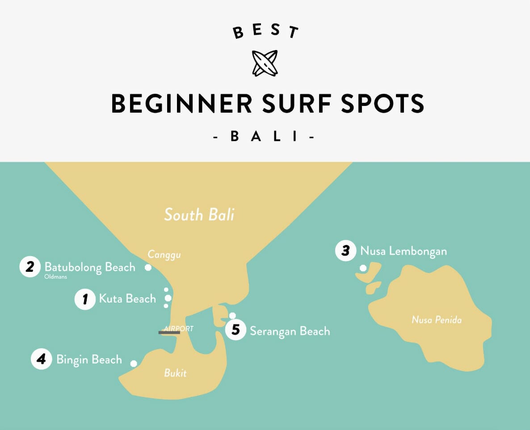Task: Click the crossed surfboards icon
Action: click(265, 63)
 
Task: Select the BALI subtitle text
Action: click(265, 137)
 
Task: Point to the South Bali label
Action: click(199, 215)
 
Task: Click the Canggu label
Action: click(161, 255)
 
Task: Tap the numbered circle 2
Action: click(30, 267)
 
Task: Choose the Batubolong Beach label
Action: click(90, 267)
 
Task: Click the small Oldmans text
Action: click(55, 277)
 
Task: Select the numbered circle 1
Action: click(85, 299)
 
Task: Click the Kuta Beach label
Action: click(127, 299)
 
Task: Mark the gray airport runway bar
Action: click(169, 332)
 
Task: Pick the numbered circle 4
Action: click(42, 359)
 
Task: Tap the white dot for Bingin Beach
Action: click(134, 363)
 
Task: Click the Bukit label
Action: click(175, 373)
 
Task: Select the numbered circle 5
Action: click(236, 330)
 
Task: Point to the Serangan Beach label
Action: click(290, 331)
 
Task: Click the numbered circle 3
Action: click(345, 251)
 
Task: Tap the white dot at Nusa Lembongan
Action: click(363, 268)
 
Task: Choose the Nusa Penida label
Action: click(437, 320)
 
